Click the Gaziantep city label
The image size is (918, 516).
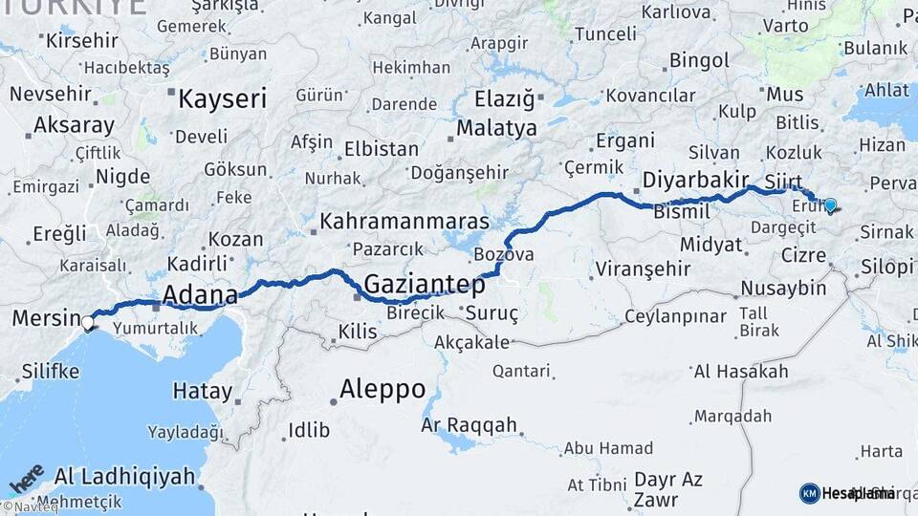[425, 283]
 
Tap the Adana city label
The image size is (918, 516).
[200, 293]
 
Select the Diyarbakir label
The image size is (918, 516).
[695, 180]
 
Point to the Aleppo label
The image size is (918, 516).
[382, 389]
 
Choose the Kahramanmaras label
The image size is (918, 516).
[404, 222]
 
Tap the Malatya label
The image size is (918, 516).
[496, 128]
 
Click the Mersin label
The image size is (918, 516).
[45, 318]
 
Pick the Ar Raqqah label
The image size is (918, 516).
[470, 424]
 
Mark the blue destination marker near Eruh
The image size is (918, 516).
[830, 204]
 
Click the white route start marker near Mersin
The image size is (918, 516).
[88, 322]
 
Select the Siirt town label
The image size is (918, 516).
[782, 181]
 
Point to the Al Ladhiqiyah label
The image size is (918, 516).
[124, 475]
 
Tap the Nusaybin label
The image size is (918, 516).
[783, 288]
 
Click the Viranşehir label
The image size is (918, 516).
[642, 268]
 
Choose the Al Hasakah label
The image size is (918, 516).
[741, 372]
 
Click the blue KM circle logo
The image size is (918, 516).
[809, 493]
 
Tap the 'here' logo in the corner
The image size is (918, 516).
[26, 477]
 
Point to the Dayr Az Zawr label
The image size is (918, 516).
[668, 489]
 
